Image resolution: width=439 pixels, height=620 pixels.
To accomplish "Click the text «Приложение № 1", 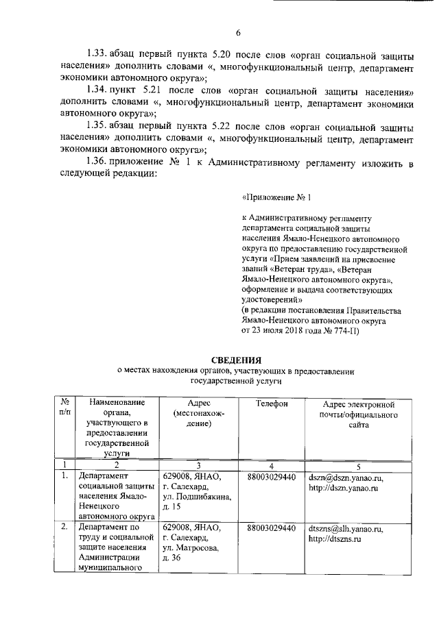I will click(x=277, y=197).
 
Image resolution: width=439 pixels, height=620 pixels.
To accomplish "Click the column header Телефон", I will click(x=272, y=404).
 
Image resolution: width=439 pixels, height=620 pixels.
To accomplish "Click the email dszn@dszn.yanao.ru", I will click(x=346, y=478).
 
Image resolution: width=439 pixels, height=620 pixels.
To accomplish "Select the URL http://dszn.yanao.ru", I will click(x=344, y=488).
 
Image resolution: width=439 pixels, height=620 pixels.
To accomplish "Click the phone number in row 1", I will click(x=271, y=477).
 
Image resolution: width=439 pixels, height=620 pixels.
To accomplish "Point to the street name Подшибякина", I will click(x=203, y=497).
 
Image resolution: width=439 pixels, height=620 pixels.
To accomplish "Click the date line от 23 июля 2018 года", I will click(x=296, y=331).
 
